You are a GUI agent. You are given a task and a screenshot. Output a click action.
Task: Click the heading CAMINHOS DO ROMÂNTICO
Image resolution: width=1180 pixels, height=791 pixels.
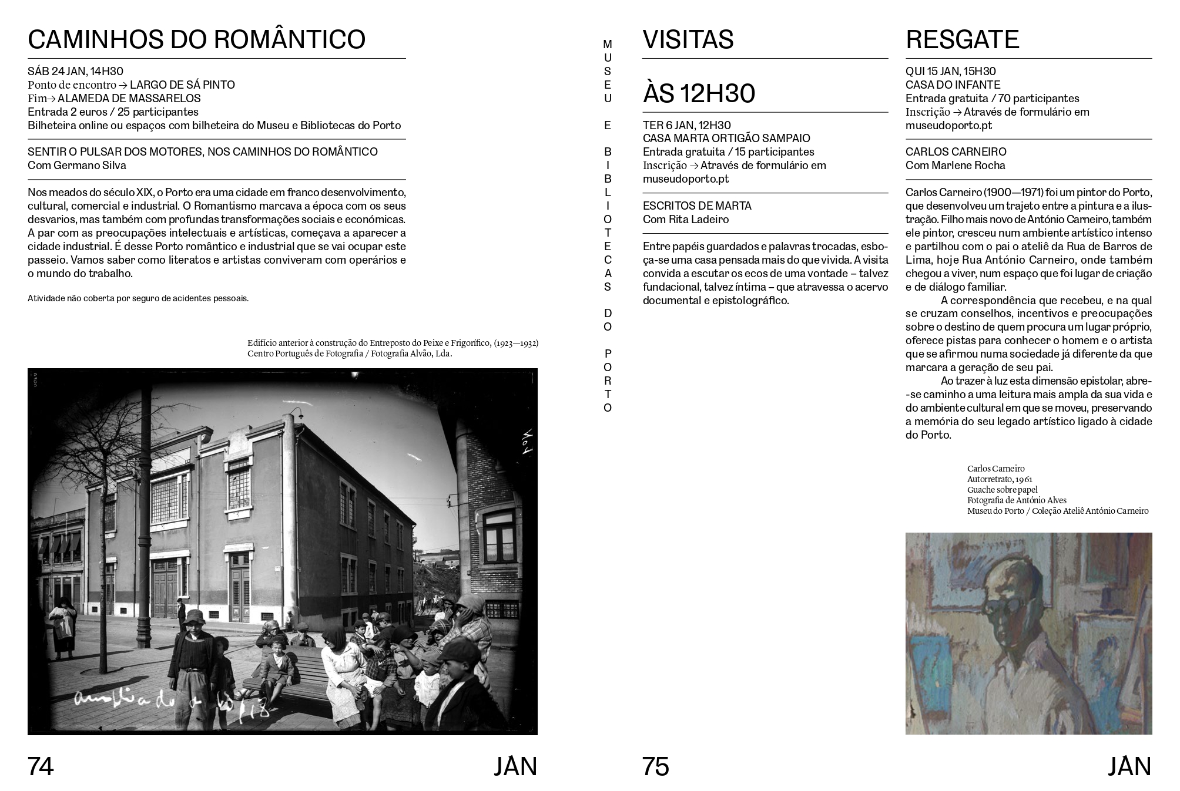(196, 39)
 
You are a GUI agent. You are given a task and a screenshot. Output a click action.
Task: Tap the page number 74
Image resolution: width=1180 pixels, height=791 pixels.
(41, 766)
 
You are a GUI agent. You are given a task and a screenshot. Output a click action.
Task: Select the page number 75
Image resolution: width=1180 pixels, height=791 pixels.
(655, 766)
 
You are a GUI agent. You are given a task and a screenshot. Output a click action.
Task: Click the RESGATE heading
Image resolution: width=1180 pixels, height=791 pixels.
(962, 39)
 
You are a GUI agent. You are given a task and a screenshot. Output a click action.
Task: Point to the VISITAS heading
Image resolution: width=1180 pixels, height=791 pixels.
(688, 39)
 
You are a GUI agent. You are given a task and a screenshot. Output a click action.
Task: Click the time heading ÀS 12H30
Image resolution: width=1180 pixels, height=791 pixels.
(699, 93)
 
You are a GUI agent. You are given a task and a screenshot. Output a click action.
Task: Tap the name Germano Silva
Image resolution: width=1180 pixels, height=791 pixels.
(90, 165)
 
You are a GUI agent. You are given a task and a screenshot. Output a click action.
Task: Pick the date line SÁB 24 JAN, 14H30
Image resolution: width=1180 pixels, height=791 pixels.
(75, 72)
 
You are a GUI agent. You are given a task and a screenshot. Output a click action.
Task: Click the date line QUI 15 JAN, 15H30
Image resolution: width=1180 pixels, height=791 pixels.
(950, 72)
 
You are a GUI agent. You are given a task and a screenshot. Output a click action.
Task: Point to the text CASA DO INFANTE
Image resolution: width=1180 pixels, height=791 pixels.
(953, 85)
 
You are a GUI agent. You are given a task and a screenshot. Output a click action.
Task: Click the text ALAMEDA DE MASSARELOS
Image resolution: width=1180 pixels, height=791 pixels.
(129, 98)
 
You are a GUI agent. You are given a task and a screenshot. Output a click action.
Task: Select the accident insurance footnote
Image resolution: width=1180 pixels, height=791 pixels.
(138, 298)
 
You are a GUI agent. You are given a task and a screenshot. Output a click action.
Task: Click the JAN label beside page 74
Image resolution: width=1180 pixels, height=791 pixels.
(515, 766)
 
